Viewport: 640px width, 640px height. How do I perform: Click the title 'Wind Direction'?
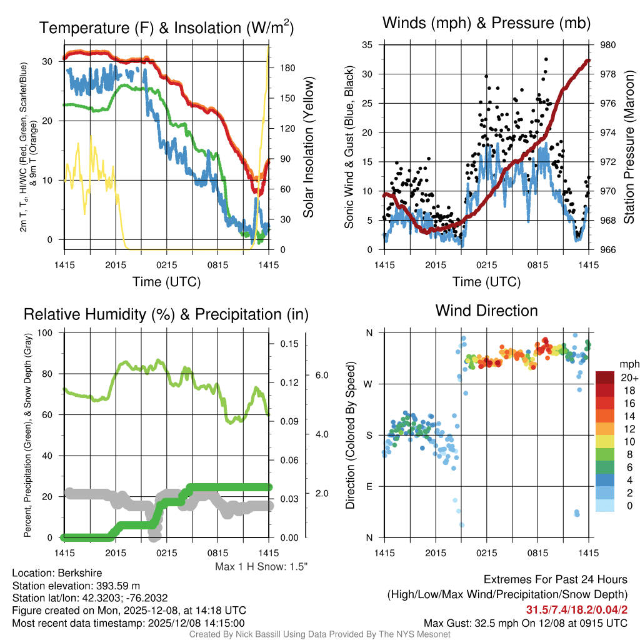(x=486, y=311)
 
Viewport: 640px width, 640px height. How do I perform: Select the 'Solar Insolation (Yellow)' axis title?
(x=308, y=147)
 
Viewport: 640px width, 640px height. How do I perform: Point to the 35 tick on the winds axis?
(x=367, y=45)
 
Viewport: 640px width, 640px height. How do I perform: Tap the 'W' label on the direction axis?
(x=369, y=384)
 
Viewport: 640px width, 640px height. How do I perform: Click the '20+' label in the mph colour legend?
(x=628, y=377)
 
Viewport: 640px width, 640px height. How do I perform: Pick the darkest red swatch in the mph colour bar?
(x=605, y=377)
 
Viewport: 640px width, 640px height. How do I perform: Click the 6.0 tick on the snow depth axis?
(x=321, y=375)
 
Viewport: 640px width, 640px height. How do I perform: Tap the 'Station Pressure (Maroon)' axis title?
(x=629, y=147)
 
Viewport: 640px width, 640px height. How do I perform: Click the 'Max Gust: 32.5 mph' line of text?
(x=526, y=622)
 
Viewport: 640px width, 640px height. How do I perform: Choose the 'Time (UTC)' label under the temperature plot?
(x=166, y=282)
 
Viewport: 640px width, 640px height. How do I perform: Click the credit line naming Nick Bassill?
(x=319, y=634)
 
